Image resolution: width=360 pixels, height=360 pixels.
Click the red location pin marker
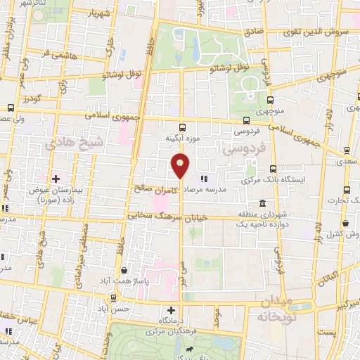pyautogui.click(x=181, y=165)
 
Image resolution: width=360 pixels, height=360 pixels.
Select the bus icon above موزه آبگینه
pyautogui.click(x=183, y=128)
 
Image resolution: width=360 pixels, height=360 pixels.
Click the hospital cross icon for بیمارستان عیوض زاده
pyautogui.click(x=56, y=179)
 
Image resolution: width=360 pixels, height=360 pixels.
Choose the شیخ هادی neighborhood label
pyautogui.click(x=75, y=142)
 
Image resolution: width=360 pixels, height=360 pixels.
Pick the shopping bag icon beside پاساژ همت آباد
pyautogui.click(x=124, y=270)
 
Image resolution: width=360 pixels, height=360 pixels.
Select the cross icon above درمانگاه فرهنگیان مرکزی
pyautogui.click(x=171, y=309)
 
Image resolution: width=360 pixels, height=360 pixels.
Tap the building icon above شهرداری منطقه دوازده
pyautogui.click(x=263, y=204)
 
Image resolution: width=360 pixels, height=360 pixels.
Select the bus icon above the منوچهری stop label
pyautogui.click(x=269, y=100)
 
